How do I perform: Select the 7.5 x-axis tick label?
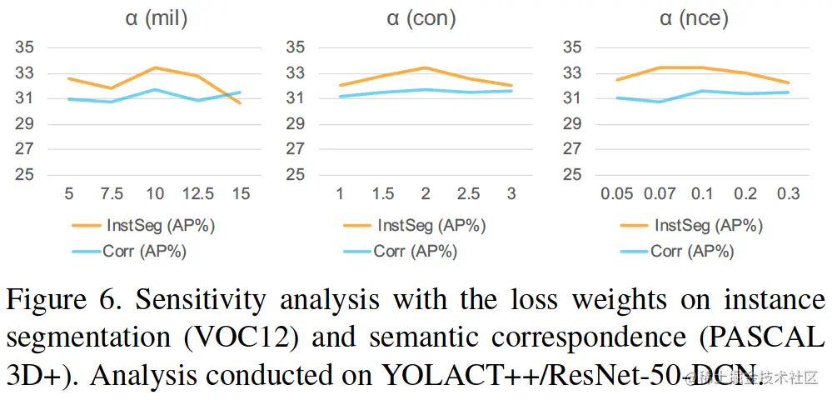[x=111, y=194]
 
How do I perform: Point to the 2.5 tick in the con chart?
[x=469, y=194]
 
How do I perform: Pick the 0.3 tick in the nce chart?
[x=788, y=194]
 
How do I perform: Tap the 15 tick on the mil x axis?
[x=241, y=194]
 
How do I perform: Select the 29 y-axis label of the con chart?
[x=296, y=124]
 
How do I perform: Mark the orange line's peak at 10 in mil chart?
[x=155, y=67]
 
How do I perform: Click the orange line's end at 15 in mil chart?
[x=241, y=102]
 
